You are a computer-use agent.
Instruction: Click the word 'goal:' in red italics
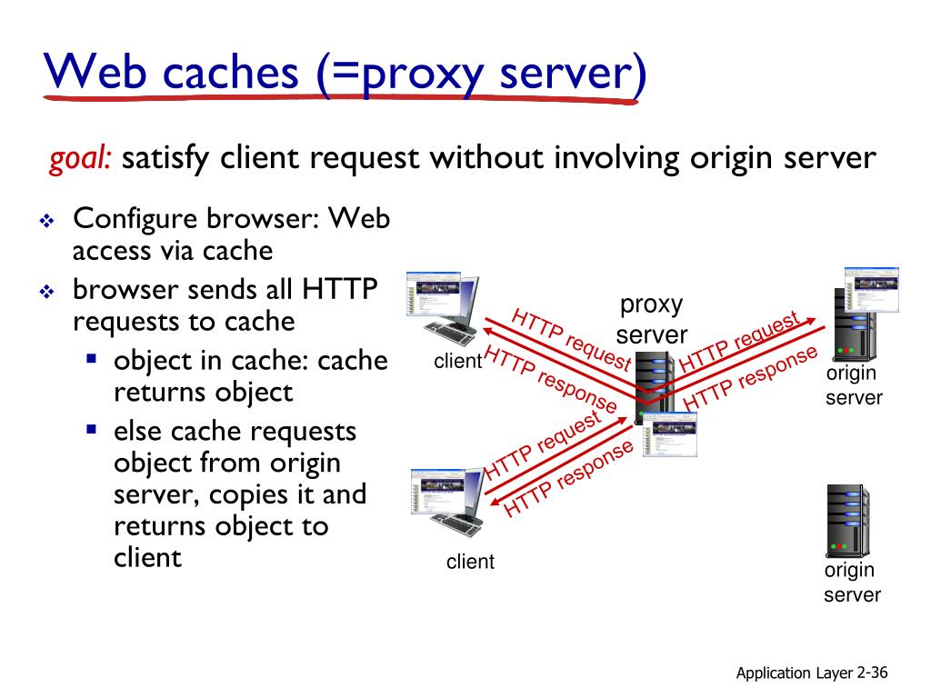81,160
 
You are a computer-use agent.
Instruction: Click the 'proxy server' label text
652,319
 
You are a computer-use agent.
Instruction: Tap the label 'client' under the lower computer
470,562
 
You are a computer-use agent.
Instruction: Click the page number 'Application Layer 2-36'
811,673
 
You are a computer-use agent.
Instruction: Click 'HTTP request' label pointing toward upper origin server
739,341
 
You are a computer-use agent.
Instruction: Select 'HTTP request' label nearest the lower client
543,445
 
